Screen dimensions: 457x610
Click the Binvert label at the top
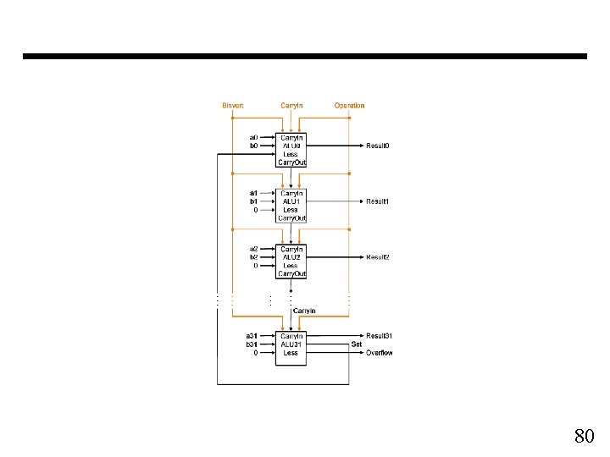(x=232, y=106)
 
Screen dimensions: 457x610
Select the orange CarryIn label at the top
(x=291, y=106)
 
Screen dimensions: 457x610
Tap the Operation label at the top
(x=349, y=106)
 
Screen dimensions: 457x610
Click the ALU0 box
(x=291, y=149)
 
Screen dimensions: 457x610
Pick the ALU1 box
(x=291, y=205)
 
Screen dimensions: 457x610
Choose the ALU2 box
(x=291, y=261)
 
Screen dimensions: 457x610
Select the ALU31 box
(x=291, y=348)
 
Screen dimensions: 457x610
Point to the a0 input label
(x=253, y=137)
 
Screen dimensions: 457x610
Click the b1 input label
(x=253, y=201)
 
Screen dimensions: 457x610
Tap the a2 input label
(x=253, y=249)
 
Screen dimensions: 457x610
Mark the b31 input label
(x=252, y=344)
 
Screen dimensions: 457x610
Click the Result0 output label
(x=378, y=146)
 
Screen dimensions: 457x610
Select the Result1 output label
(x=378, y=201)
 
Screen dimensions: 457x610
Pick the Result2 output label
(x=378, y=257)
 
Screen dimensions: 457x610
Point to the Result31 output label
(x=380, y=336)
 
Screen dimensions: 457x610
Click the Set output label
(x=357, y=344)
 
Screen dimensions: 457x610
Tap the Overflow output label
(x=380, y=353)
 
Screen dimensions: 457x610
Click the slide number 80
(x=584, y=437)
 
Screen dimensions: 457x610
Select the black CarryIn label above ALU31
(x=305, y=311)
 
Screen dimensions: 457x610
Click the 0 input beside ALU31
(x=255, y=353)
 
